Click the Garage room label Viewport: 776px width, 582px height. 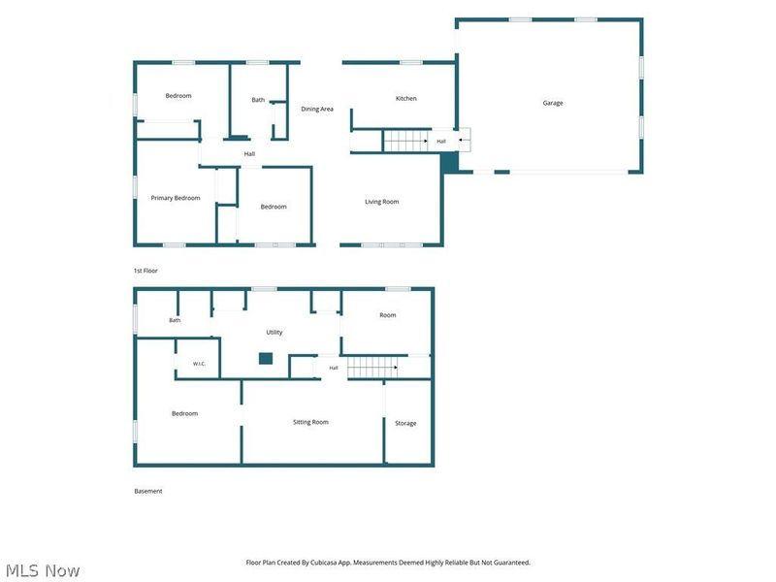coord(553,103)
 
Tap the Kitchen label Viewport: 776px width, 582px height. coord(405,99)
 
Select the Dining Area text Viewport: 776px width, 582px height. coord(317,109)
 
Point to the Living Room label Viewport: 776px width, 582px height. coord(381,202)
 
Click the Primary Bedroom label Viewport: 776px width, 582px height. coord(176,198)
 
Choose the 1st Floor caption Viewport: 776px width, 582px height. coord(145,271)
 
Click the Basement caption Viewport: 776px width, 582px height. coord(148,491)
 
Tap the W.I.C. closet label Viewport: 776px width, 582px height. coord(199,364)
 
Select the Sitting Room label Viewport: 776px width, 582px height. coord(310,422)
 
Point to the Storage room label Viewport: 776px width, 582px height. coord(405,423)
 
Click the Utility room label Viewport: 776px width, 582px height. coord(275,332)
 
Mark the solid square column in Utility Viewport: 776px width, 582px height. coord(266,358)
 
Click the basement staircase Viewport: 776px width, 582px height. coord(372,368)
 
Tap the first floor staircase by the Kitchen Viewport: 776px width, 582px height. coord(406,141)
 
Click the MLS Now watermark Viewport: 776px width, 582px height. coord(43,570)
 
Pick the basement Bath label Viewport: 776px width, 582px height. coord(175,320)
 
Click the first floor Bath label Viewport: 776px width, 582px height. coord(258,100)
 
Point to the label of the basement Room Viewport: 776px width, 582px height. coord(387,314)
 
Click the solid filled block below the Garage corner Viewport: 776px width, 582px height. coord(449,162)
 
